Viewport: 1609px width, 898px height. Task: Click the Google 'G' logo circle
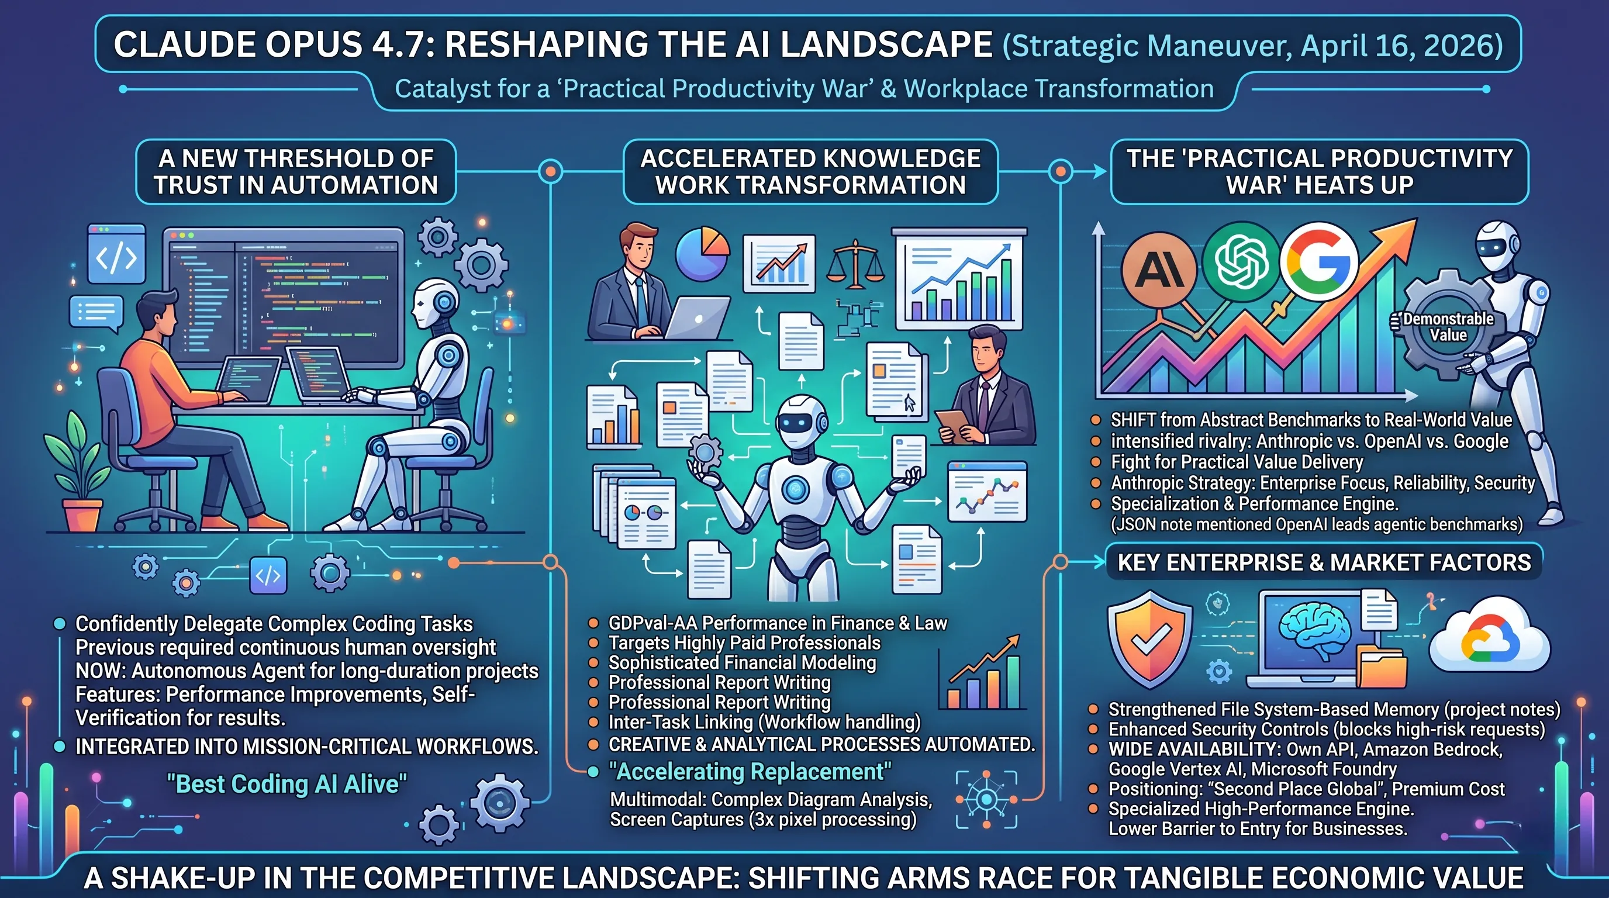1319,263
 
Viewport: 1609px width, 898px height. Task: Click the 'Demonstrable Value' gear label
1448,327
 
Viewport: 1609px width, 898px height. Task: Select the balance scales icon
856,265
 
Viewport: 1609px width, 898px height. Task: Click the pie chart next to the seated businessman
702,254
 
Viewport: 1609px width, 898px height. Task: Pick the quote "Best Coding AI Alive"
286,784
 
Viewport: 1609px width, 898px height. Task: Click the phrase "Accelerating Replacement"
750,772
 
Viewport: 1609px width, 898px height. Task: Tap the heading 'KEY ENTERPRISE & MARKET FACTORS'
1324,562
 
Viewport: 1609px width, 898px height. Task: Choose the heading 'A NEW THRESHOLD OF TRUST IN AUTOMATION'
295,172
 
